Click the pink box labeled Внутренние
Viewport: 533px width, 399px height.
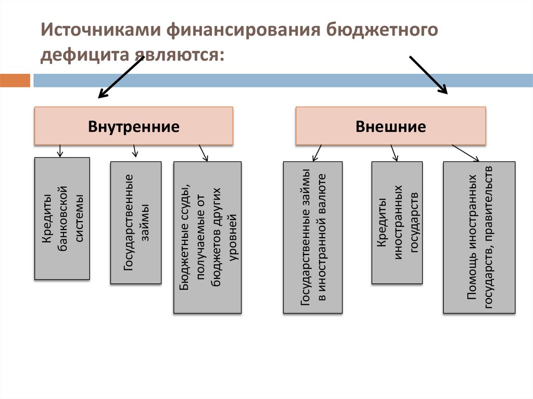(134, 126)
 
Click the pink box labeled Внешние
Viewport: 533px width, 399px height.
(390, 126)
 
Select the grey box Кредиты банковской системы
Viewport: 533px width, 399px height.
(62, 218)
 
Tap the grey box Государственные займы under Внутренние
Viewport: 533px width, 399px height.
(135, 223)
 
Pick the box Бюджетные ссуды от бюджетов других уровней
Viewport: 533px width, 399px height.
(207, 237)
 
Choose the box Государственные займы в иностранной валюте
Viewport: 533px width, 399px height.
(313, 237)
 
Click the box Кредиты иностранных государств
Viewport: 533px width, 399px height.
(397, 223)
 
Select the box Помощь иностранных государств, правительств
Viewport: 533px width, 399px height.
(479, 237)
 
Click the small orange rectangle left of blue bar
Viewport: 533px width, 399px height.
(15, 81)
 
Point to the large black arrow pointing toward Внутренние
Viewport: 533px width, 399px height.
(121, 77)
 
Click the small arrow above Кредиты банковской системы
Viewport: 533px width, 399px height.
(60, 151)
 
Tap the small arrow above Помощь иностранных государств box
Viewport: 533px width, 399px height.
(465, 153)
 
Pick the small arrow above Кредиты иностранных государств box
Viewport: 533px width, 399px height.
(394, 152)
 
